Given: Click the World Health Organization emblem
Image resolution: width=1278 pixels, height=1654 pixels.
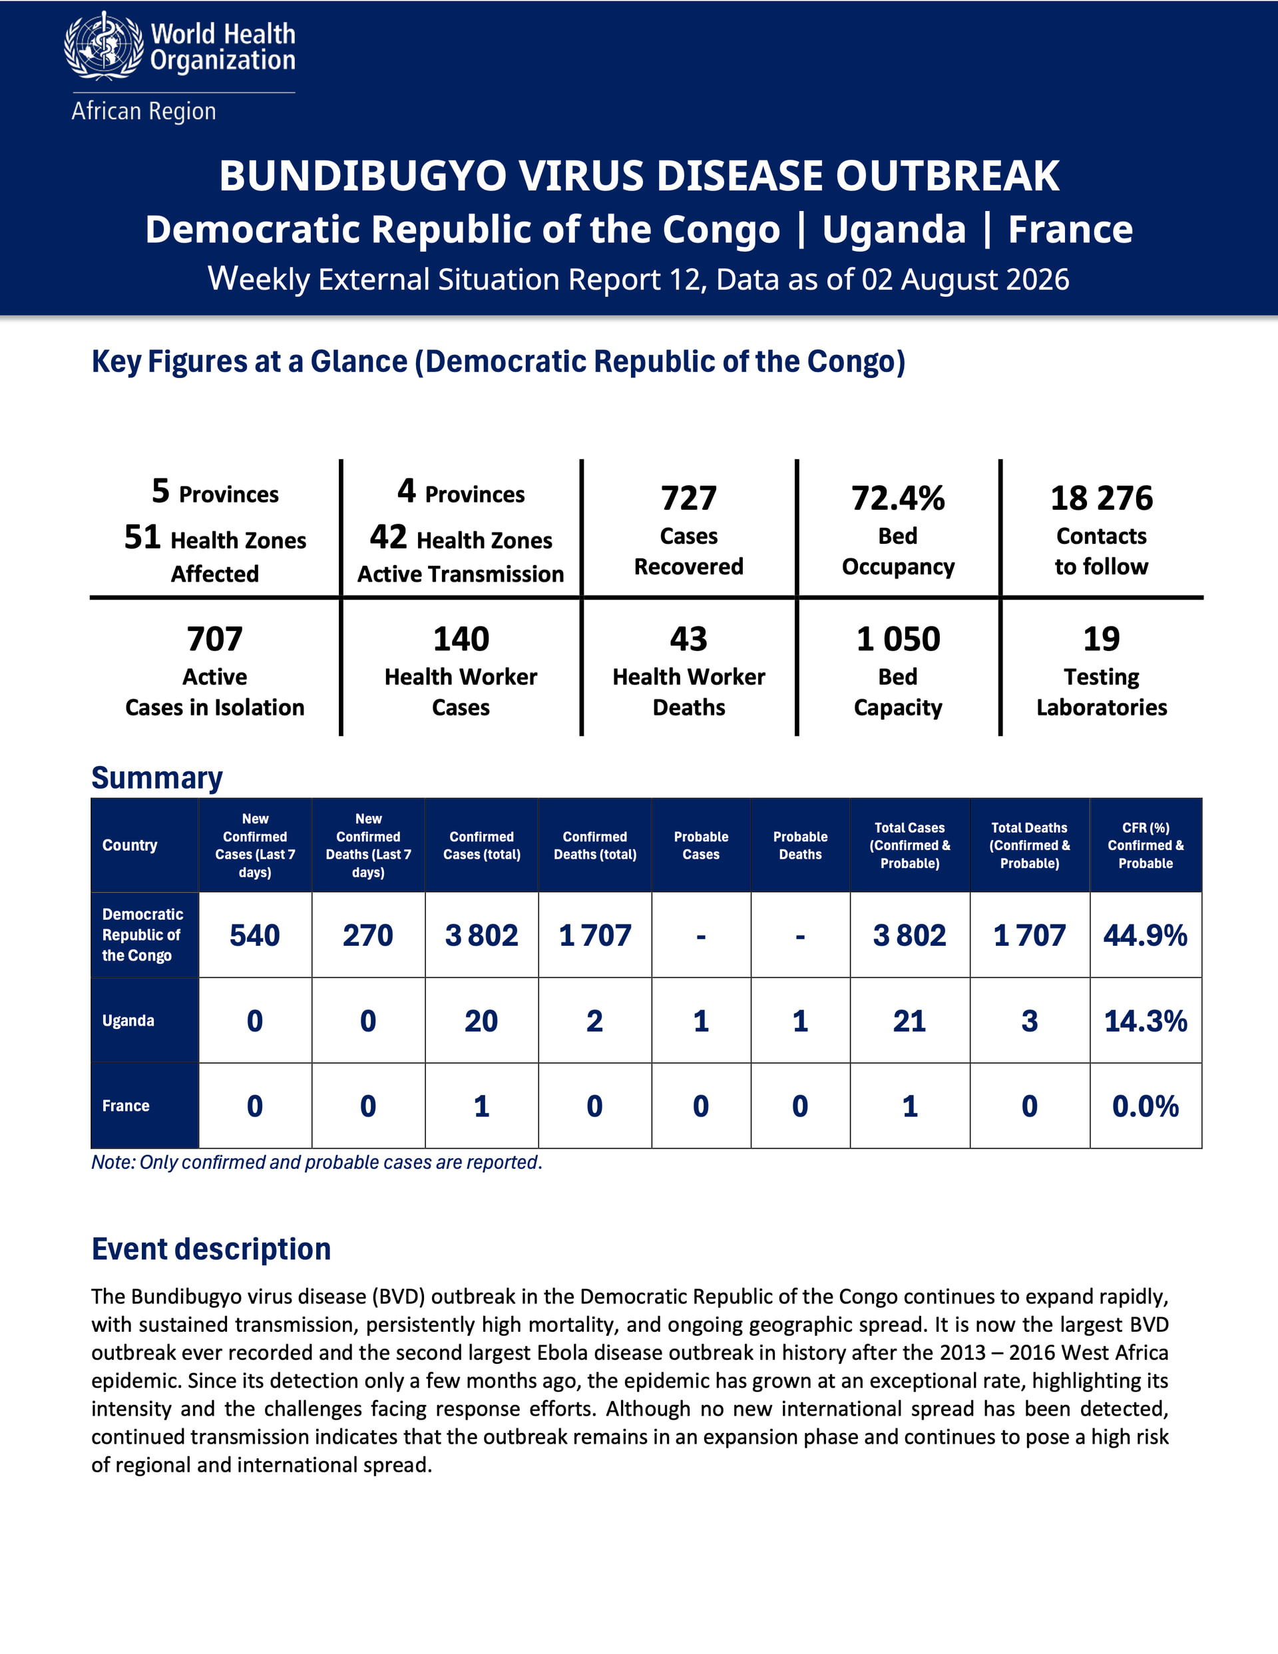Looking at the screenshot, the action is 104,45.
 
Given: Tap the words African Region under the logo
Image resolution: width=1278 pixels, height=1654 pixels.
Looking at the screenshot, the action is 144,111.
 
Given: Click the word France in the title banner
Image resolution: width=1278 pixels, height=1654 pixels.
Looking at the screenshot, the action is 1070,229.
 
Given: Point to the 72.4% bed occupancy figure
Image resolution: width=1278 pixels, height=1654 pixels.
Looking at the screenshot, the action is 898,499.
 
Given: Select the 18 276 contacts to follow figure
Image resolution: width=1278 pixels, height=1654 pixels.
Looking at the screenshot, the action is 1102,499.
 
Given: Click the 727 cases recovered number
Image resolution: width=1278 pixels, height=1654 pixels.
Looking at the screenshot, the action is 689,499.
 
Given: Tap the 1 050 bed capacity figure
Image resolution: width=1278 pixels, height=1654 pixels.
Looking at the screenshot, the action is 898,639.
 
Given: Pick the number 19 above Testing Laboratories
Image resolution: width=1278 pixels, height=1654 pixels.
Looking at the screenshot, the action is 1102,639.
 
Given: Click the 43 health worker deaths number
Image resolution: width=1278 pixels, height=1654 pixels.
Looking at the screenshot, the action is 689,639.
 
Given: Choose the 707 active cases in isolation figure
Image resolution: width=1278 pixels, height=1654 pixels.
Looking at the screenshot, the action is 215,639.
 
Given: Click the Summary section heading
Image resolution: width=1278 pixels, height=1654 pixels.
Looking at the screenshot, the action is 157,778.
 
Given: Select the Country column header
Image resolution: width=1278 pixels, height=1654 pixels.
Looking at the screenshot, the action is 130,845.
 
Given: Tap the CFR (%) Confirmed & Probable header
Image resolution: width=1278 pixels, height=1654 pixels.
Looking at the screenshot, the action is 1146,845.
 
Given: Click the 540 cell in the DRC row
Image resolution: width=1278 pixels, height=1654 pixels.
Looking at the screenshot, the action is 254,935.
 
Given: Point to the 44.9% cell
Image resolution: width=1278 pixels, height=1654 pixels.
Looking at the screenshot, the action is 1146,935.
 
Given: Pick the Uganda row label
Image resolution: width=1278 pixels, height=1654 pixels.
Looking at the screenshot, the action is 128,1020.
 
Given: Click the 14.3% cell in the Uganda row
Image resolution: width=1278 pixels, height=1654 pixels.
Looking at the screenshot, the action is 1146,1021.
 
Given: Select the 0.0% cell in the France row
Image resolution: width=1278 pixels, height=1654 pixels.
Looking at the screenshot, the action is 1146,1106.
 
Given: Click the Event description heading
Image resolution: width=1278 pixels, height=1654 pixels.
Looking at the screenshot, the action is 212,1249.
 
